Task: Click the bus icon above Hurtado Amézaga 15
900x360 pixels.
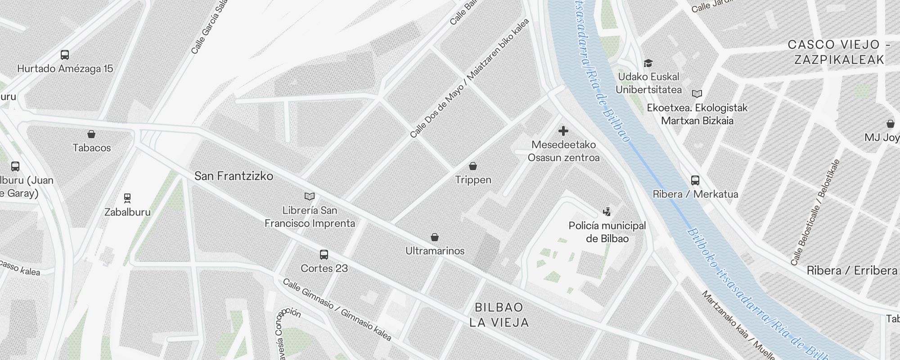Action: click(65, 55)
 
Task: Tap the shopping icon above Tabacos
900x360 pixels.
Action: click(91, 134)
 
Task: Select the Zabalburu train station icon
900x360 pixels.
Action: click(127, 198)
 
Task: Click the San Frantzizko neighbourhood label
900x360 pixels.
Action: click(234, 176)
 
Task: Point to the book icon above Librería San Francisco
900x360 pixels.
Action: click(310, 197)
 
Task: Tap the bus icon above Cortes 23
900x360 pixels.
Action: click(324, 255)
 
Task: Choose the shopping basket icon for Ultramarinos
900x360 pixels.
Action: click(435, 237)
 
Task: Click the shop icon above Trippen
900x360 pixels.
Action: click(473, 166)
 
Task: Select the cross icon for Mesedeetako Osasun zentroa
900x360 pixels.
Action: click(563, 131)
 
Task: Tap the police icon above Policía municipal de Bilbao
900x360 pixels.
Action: click(607, 211)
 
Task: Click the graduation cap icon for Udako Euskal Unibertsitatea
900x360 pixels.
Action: click(648, 63)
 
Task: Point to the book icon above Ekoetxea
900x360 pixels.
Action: click(697, 94)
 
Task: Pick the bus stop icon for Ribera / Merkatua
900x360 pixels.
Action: click(695, 180)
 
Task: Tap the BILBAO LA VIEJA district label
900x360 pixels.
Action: click(499, 315)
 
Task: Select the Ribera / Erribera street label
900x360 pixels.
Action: click(852, 270)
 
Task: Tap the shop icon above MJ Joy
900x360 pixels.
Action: click(890, 124)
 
